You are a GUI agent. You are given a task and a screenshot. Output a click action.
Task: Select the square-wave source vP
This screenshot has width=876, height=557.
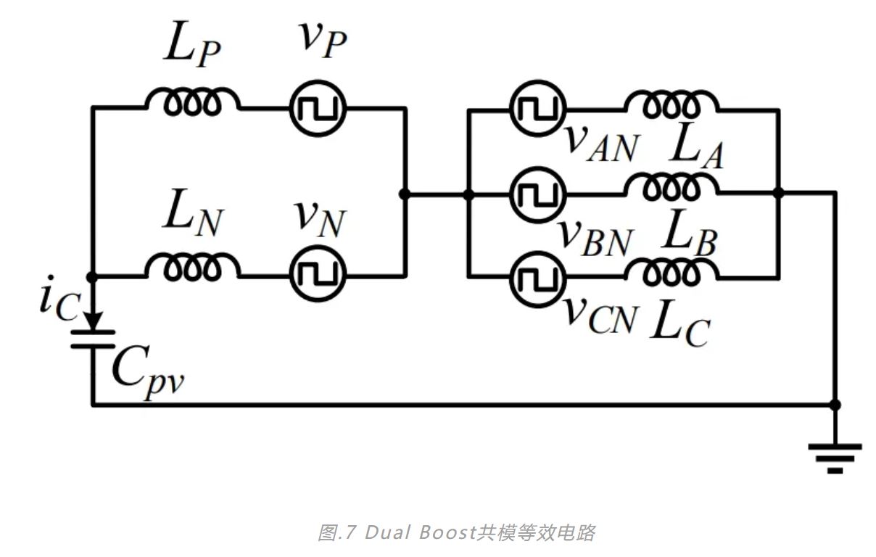[318, 108]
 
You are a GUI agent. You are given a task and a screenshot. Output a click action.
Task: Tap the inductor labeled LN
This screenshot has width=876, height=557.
[192, 269]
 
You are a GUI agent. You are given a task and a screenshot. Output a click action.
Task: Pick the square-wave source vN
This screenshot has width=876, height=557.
[318, 275]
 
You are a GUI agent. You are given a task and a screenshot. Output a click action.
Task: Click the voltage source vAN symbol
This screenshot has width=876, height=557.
[537, 109]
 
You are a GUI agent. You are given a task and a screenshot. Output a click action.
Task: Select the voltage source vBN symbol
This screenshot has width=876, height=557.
[537, 194]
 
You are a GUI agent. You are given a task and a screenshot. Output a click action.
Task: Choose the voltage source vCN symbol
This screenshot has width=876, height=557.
[537, 277]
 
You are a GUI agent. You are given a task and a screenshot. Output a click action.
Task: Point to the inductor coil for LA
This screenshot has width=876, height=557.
[671, 104]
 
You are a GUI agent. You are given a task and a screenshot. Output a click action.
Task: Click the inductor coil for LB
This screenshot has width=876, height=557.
[671, 189]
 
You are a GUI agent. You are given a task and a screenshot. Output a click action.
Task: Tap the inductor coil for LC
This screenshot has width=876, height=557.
[671, 272]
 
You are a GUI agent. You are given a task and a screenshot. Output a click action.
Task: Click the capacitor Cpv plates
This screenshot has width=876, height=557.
[92, 338]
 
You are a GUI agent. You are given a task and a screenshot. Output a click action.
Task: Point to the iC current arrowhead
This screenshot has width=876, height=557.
[92, 319]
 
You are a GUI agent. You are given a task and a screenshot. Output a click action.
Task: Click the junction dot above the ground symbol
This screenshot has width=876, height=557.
[835, 404]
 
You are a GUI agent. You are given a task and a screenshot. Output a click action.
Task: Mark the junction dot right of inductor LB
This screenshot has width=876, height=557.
[778, 193]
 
